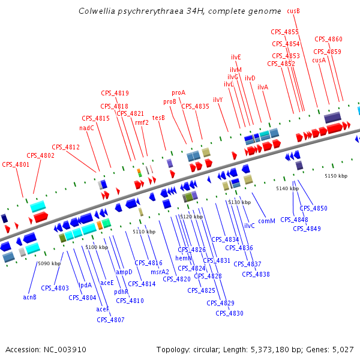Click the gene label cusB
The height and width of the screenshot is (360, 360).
(293, 11)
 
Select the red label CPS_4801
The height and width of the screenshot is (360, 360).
(16, 164)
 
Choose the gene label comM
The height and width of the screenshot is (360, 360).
(266, 221)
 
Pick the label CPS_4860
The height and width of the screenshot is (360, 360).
(328, 40)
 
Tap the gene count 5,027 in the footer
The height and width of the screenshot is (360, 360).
(343, 349)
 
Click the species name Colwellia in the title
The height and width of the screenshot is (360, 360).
(98, 11)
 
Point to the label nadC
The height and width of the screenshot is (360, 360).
(86, 128)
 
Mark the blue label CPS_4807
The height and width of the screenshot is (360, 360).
(110, 320)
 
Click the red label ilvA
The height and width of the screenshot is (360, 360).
(263, 88)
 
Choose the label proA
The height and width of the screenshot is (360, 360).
(178, 93)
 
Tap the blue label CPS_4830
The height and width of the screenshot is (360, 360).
(229, 313)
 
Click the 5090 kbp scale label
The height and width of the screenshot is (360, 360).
(49, 263)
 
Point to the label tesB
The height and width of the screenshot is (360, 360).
(158, 118)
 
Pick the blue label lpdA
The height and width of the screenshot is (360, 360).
(85, 285)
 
